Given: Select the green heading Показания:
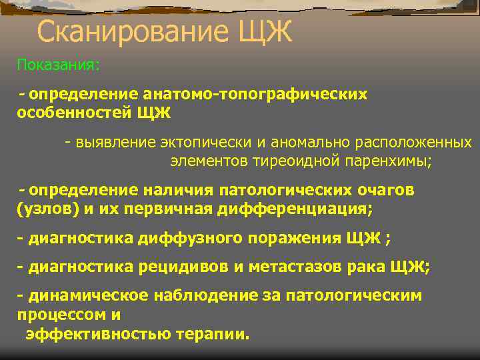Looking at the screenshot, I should tap(59, 65).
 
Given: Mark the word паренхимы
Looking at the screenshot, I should tap(391, 161).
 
